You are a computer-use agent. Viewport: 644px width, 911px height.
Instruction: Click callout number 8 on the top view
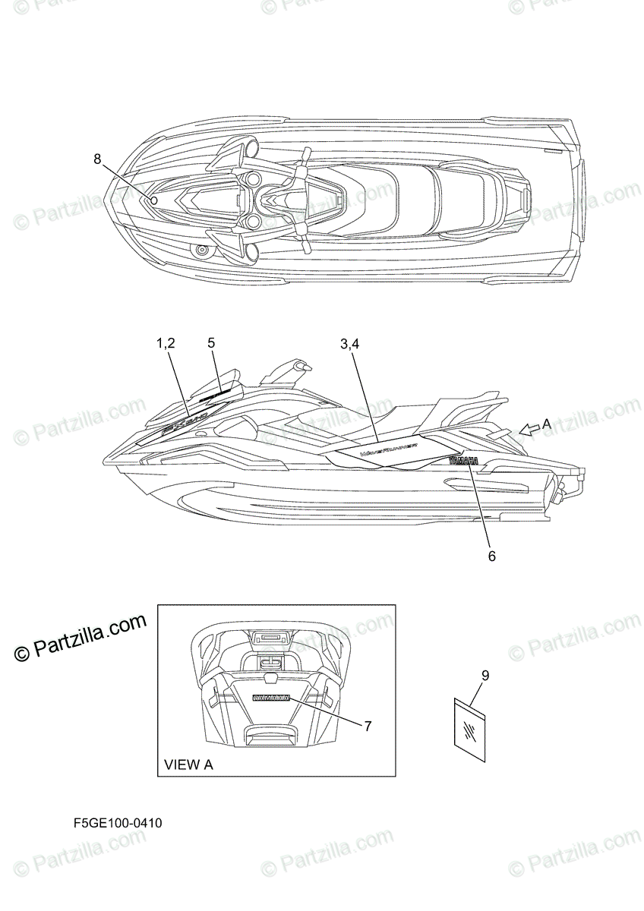click(x=97, y=159)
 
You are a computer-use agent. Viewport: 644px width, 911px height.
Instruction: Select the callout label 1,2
click(x=166, y=343)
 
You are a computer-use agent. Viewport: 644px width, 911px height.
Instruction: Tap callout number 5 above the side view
click(x=211, y=343)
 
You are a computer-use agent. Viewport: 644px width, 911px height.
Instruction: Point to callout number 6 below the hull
click(x=491, y=556)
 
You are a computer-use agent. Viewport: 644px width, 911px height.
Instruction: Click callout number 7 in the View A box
click(x=367, y=727)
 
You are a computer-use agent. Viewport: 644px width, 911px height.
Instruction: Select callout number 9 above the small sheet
click(x=485, y=674)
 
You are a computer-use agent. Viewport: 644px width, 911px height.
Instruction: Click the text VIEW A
click(x=189, y=764)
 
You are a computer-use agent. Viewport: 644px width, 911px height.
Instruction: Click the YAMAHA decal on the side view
click(x=463, y=462)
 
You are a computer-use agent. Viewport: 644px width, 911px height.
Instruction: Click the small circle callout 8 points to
click(x=153, y=200)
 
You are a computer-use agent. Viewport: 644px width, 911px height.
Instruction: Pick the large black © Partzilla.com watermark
click(x=80, y=636)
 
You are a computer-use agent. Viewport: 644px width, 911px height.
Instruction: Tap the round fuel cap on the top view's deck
click(x=202, y=251)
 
